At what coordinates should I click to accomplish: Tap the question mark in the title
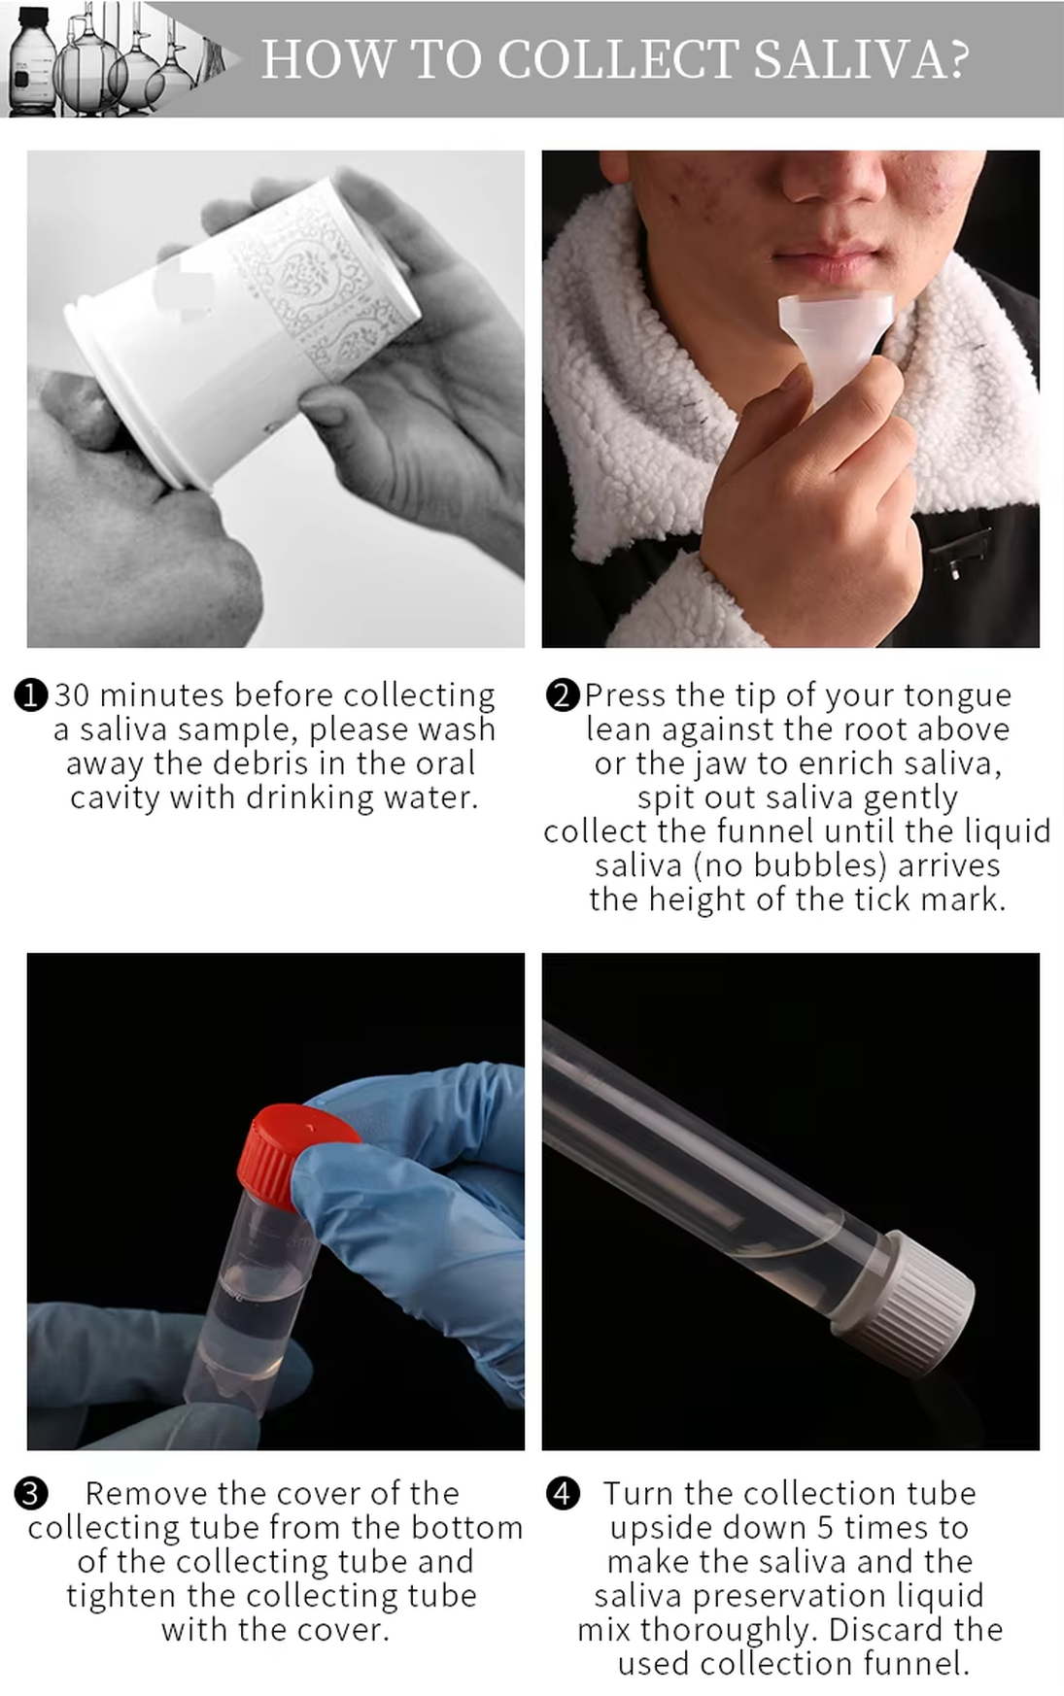point(958,59)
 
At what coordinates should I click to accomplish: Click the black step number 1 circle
point(31,695)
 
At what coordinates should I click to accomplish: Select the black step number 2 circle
point(563,695)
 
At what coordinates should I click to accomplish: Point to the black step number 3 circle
point(31,1494)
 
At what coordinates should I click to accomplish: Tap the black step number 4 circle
point(563,1494)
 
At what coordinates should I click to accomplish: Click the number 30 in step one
point(72,695)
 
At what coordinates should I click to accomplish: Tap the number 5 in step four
point(825,1528)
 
